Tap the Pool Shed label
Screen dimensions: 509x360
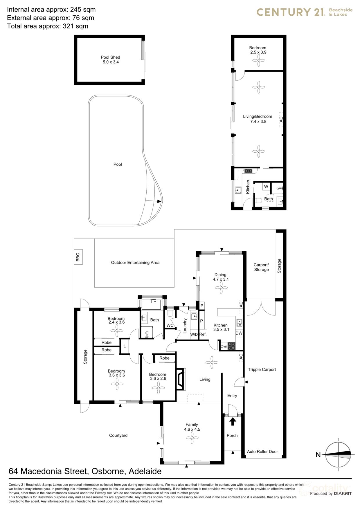(x=110, y=59)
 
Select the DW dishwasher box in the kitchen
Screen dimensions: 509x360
(x=239, y=333)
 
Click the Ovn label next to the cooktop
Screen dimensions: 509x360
(x=224, y=346)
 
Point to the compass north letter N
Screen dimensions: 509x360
(x=318, y=455)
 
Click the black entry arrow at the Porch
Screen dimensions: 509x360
(x=232, y=421)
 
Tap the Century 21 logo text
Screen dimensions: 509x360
(x=291, y=12)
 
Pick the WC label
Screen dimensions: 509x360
(x=170, y=325)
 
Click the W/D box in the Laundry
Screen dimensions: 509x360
(x=194, y=334)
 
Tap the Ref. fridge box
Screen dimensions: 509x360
(x=203, y=334)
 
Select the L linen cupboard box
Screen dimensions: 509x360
(x=125, y=346)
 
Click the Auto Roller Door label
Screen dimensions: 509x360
(x=262, y=452)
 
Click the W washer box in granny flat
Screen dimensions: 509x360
(x=266, y=187)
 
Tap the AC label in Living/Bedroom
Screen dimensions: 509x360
(x=281, y=119)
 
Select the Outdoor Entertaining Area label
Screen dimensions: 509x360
(x=135, y=263)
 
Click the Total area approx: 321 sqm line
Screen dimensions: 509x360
(x=48, y=26)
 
